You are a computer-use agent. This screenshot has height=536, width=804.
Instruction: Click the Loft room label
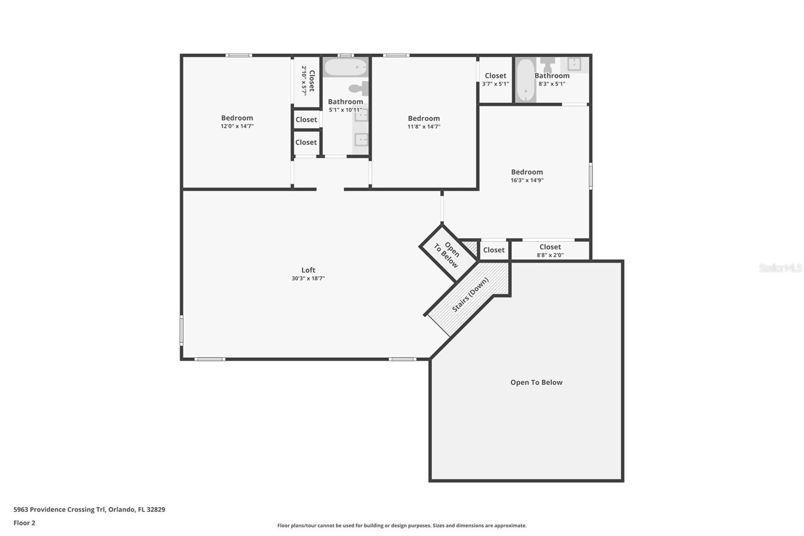[x=308, y=270]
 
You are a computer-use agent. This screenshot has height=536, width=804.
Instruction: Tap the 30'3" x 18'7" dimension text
[x=308, y=279]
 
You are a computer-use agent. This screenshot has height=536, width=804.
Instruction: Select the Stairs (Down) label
[x=470, y=295]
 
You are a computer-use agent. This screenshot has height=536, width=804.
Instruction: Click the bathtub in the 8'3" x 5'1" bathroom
[x=526, y=80]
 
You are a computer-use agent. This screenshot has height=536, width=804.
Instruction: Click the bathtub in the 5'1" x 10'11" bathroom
[x=345, y=67]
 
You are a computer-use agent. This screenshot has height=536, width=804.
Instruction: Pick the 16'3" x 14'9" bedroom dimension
[x=527, y=181]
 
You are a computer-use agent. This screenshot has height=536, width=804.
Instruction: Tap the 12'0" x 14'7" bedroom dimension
[x=237, y=126]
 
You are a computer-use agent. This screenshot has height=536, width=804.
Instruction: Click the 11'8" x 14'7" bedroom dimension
[x=424, y=127]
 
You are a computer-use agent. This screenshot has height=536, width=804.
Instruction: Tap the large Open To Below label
[x=536, y=383]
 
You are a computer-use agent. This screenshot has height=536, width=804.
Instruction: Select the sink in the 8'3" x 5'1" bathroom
[x=574, y=64]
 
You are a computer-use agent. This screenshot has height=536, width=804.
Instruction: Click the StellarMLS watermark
[x=780, y=268]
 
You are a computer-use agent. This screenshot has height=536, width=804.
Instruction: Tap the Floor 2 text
[x=24, y=523]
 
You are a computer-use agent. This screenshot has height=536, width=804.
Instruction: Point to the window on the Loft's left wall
[x=181, y=330]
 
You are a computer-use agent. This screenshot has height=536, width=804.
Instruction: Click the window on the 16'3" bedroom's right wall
[x=590, y=176]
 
